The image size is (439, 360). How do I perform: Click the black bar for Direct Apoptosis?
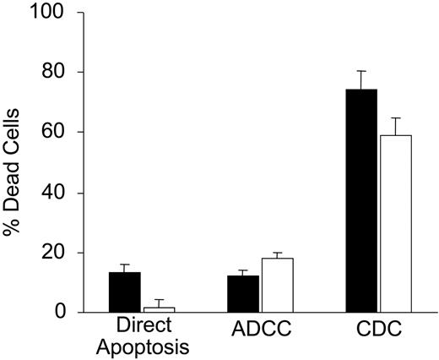coord(124,292)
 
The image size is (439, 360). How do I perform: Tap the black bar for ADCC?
coord(243,294)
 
